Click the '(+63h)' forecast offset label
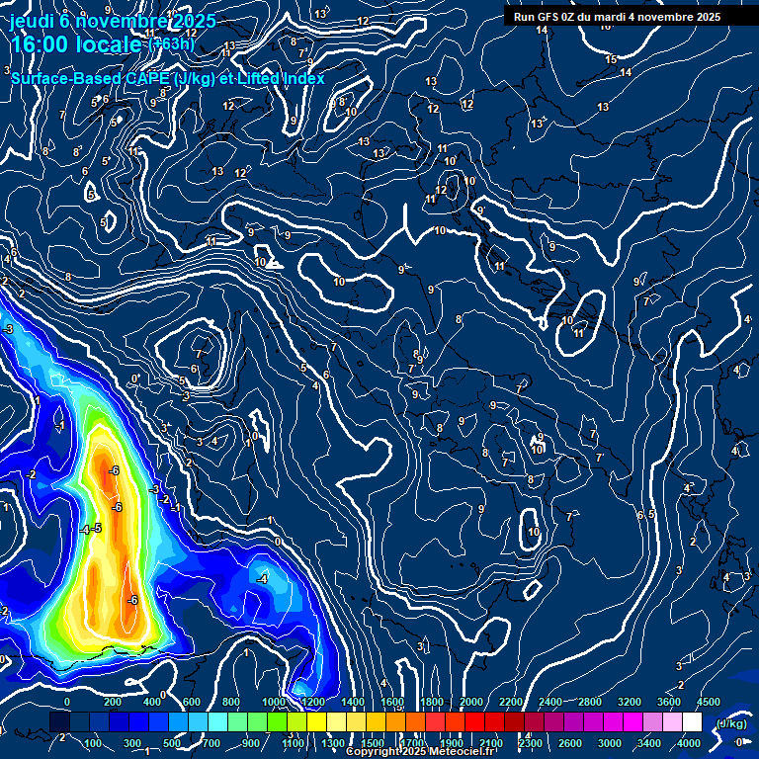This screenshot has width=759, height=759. (171, 43)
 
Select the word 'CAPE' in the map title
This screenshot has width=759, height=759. (147, 78)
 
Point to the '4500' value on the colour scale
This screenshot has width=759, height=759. (709, 702)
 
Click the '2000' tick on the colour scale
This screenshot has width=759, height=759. (471, 702)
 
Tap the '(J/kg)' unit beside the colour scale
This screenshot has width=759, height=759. (731, 723)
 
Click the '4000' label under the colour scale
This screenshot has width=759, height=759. (690, 743)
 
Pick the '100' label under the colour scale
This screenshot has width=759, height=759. (93, 743)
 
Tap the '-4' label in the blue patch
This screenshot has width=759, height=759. (262, 578)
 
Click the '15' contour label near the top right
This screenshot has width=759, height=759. (610, 58)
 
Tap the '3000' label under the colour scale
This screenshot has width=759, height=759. (610, 743)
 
